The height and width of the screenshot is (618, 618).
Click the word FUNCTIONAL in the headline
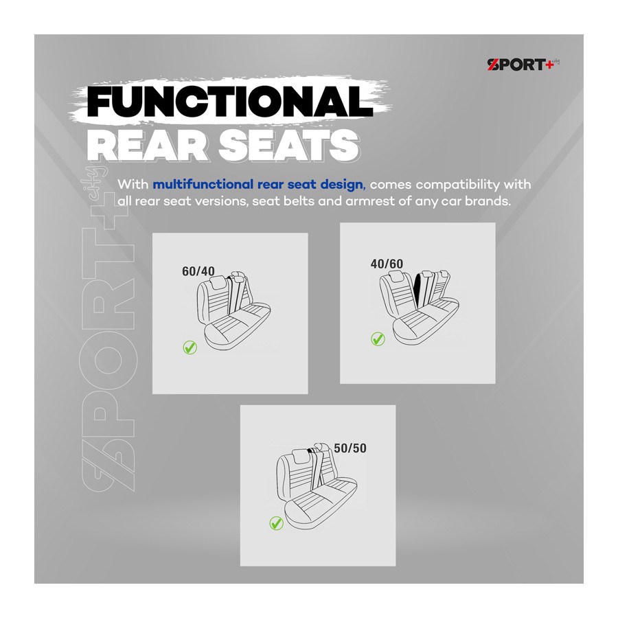[x=230, y=102]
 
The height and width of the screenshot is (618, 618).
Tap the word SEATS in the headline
[x=289, y=146]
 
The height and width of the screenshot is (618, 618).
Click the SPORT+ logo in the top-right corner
[x=523, y=65]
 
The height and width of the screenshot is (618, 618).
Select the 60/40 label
[x=198, y=271]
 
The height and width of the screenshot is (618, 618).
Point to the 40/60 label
[x=387, y=264]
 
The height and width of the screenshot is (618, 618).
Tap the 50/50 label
[x=350, y=448]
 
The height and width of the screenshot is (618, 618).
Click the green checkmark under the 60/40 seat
[x=190, y=347]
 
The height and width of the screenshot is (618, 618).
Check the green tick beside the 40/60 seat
[x=378, y=339]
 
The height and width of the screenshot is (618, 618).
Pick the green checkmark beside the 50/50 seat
[x=276, y=523]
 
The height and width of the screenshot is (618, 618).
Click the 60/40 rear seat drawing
[x=233, y=310]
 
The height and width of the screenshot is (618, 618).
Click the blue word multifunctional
[x=203, y=185]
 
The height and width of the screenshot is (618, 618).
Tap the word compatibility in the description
[x=457, y=185]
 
